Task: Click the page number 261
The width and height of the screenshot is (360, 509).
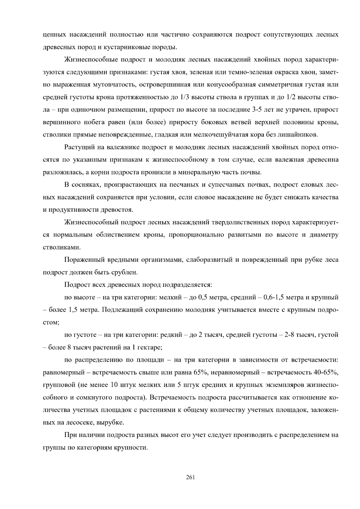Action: [x=190, y=477]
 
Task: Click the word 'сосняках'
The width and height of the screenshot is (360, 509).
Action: [x=86, y=185]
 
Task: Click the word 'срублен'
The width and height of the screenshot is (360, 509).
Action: [x=124, y=272]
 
